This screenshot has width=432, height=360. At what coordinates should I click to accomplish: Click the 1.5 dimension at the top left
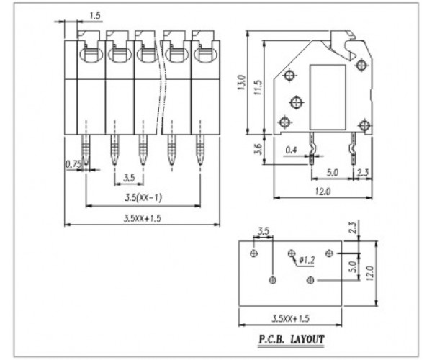click(x=95, y=16)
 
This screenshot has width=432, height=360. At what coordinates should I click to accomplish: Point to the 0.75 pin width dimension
click(x=73, y=164)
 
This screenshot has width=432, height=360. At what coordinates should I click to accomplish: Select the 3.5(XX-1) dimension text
click(x=143, y=197)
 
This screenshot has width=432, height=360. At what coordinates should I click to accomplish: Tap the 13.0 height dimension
click(x=241, y=82)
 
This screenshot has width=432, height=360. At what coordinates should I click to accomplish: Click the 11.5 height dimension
click(x=258, y=88)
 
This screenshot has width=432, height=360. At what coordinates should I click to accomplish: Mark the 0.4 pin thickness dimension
click(x=291, y=150)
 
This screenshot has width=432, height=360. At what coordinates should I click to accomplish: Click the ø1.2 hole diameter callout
click(x=307, y=260)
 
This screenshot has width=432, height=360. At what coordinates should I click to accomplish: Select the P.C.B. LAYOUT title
click(x=291, y=339)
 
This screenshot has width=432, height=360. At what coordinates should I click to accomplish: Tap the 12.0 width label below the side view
click(x=323, y=191)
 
